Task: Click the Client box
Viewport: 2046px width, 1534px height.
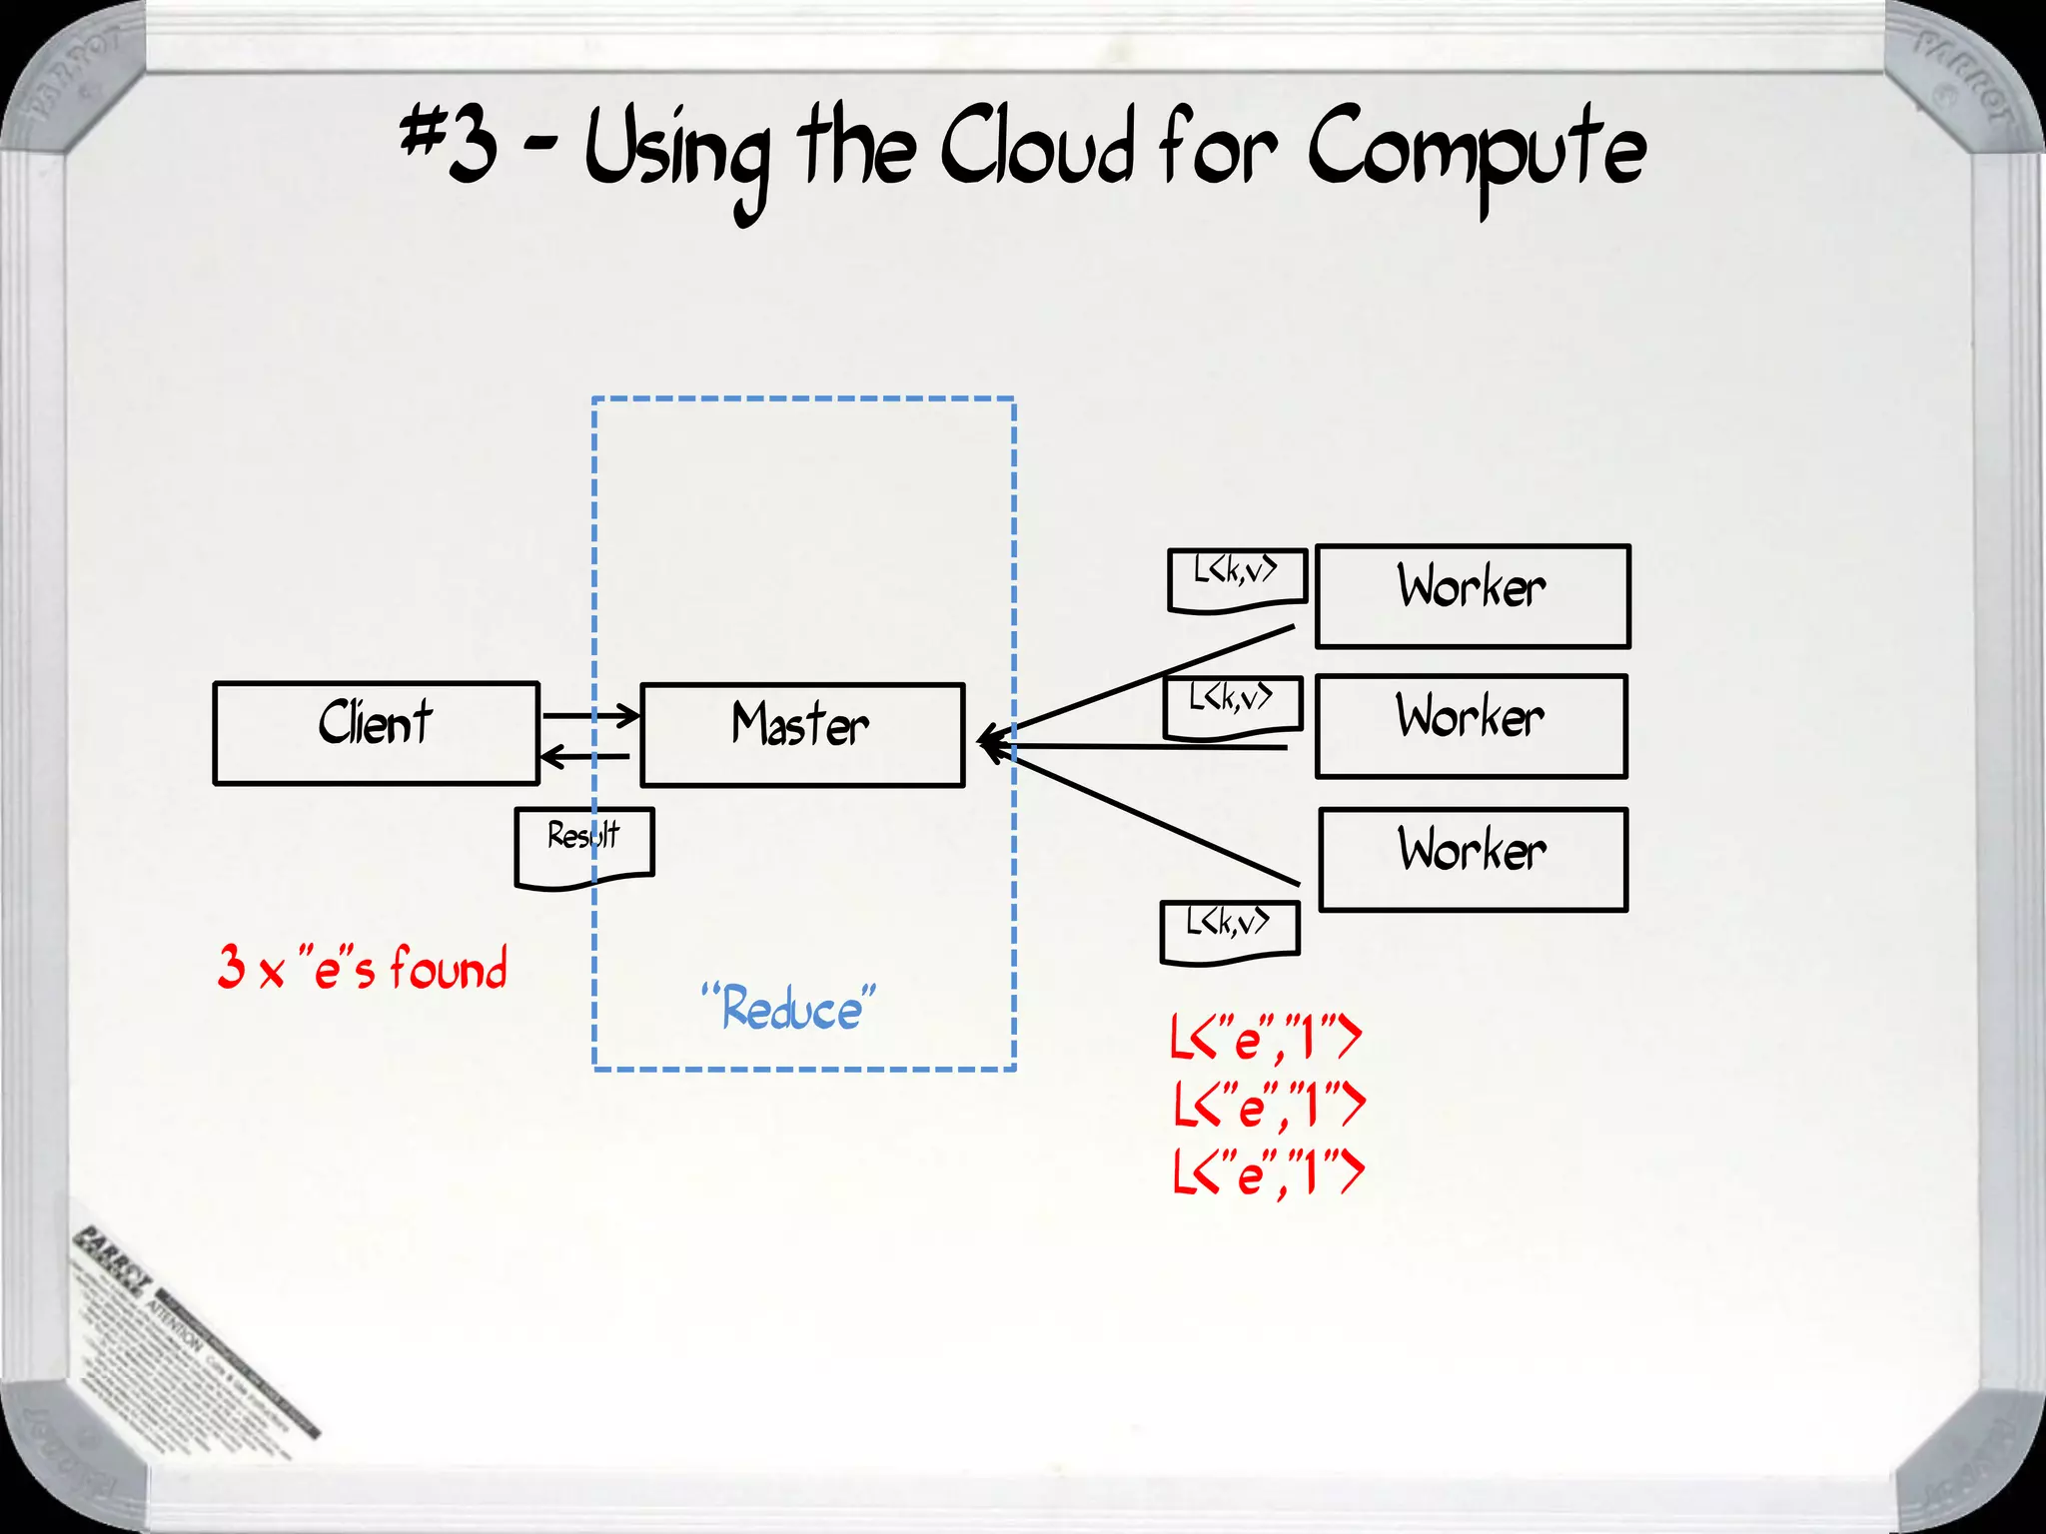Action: point(376,733)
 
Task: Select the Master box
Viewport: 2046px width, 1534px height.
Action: point(801,735)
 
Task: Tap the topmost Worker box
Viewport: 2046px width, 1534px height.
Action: point(1472,596)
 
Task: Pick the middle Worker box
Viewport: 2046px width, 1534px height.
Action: point(1471,726)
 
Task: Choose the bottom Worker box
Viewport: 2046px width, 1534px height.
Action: point(1473,860)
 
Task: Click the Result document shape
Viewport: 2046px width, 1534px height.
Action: point(583,845)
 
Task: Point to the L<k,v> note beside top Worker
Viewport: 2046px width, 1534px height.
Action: point(1237,578)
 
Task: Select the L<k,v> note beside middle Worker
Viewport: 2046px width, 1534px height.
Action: point(1232,705)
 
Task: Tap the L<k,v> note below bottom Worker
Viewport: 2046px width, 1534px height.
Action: point(1229,930)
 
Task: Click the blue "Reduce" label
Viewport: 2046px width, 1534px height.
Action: point(788,1008)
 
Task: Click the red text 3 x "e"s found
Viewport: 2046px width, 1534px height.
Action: point(363,968)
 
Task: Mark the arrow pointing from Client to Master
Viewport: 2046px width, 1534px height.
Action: point(589,715)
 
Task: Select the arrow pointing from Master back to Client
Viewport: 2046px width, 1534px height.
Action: point(585,757)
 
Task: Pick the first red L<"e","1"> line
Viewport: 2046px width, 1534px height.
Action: point(1266,1039)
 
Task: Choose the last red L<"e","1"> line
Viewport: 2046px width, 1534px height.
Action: point(1268,1172)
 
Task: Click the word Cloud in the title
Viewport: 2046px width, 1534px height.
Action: point(1036,150)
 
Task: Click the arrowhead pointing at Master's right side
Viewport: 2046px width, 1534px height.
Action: point(989,743)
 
